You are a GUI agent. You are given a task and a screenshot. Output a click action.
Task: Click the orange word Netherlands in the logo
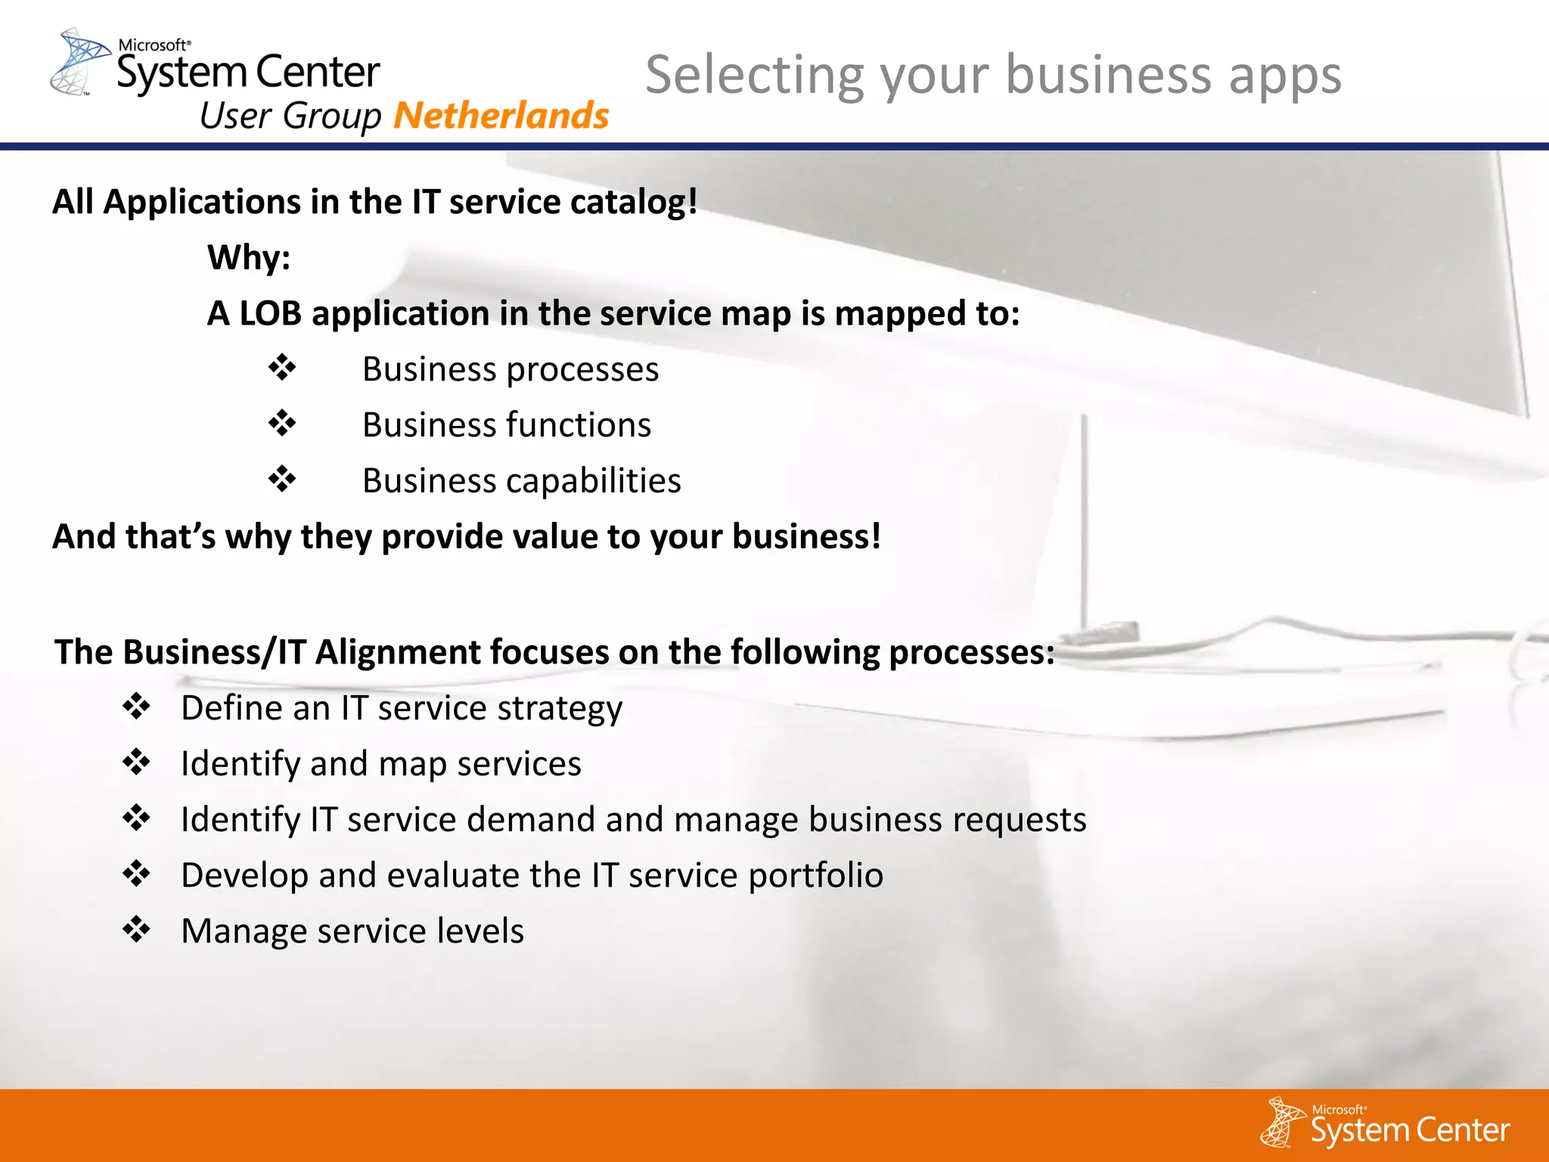pyautogui.click(x=501, y=116)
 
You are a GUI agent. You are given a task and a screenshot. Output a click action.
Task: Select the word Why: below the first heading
pyautogui.click(x=249, y=257)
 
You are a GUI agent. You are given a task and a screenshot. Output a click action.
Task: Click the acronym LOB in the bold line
pyautogui.click(x=270, y=313)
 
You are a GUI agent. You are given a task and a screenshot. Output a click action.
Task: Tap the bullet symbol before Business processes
pyautogui.click(x=282, y=368)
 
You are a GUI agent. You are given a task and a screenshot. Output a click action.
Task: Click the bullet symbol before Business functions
pyautogui.click(x=282, y=424)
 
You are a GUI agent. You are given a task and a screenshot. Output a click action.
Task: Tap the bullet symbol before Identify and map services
pyautogui.click(x=137, y=762)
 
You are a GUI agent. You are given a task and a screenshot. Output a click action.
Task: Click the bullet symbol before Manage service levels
pyautogui.click(x=137, y=929)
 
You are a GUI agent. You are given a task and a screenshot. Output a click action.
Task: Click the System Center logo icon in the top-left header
pyautogui.click(x=78, y=61)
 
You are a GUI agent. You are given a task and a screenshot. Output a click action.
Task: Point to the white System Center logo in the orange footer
pyautogui.click(x=1384, y=1123)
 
